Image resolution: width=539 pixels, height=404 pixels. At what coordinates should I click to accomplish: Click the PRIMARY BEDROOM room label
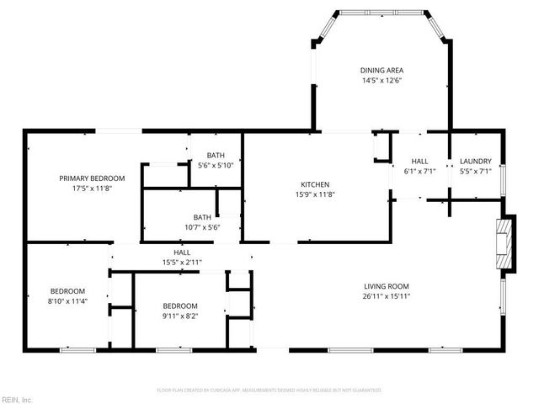tap(92, 178)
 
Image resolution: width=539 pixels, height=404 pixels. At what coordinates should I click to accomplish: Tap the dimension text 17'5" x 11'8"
tap(92, 189)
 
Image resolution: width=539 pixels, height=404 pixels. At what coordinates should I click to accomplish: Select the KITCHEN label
tap(315, 184)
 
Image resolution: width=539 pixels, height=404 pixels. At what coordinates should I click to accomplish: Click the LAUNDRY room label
tap(475, 161)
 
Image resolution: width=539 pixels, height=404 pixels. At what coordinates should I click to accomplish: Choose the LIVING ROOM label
tap(386, 285)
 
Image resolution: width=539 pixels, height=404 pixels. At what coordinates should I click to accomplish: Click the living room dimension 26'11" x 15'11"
tap(386, 296)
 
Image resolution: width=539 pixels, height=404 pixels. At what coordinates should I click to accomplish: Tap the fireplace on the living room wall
tap(504, 243)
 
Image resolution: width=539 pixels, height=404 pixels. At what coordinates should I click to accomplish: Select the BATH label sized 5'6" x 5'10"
tap(216, 155)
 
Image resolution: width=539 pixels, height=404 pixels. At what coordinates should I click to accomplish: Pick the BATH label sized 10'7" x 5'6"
tap(202, 216)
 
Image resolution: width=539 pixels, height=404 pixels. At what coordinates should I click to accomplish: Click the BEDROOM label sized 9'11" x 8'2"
tap(180, 306)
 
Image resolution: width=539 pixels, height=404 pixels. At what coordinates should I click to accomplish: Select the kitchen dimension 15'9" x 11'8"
tap(315, 195)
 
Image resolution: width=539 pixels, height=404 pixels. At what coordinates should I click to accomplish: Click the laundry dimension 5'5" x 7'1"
tap(475, 172)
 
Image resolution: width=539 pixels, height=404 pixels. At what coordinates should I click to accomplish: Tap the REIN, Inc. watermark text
tap(16, 399)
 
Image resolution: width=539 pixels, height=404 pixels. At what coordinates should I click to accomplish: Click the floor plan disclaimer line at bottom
tap(269, 391)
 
